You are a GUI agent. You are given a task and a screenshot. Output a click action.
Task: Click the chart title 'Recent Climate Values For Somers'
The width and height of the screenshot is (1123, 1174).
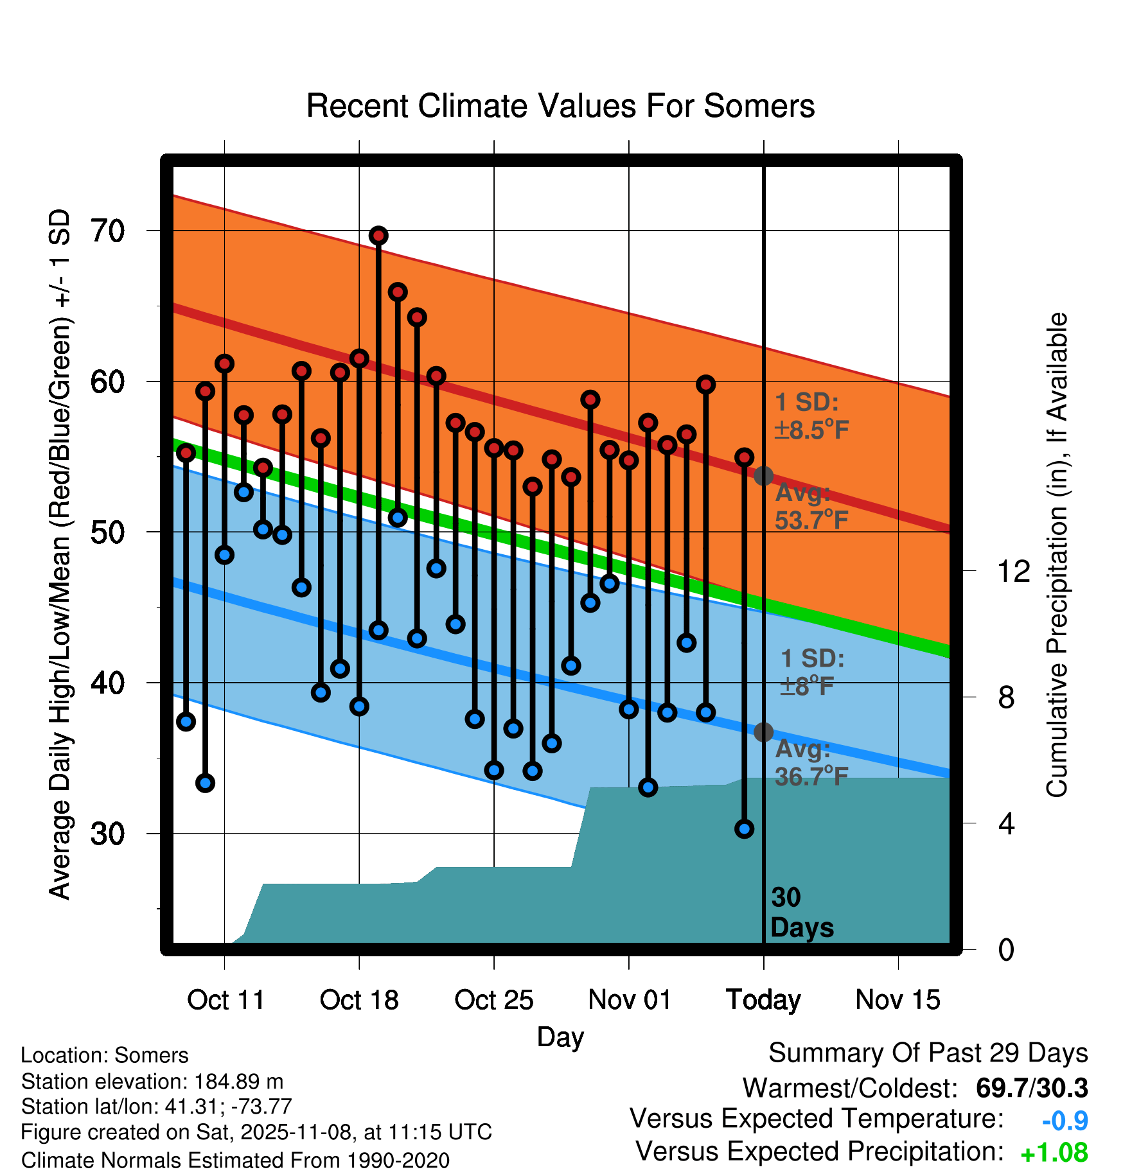(x=560, y=106)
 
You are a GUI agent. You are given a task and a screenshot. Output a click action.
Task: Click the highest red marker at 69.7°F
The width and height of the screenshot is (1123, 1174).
(x=378, y=236)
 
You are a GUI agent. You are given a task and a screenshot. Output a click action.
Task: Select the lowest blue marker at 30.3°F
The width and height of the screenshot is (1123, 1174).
(x=744, y=828)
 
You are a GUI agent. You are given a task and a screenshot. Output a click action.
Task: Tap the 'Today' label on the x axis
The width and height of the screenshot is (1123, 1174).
(x=763, y=1000)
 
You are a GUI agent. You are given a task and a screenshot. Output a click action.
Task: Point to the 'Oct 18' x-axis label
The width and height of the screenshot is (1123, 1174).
(x=359, y=1000)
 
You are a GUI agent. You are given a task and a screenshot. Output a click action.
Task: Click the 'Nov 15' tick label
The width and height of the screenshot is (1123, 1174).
(x=898, y=1000)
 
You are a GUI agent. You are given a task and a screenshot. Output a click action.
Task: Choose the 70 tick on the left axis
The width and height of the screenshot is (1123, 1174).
(x=107, y=231)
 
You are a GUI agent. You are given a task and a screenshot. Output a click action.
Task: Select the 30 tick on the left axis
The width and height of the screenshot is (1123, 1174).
(x=107, y=834)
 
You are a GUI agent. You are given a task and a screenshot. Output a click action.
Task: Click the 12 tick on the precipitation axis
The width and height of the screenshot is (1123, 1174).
(x=1013, y=571)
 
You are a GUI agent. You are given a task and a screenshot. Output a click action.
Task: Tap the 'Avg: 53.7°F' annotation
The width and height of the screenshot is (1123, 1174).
(x=811, y=507)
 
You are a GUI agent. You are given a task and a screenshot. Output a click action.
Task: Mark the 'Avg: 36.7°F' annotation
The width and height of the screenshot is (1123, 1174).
(x=811, y=763)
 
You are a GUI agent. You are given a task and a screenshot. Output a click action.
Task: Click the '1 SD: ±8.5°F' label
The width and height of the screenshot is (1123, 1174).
(x=811, y=416)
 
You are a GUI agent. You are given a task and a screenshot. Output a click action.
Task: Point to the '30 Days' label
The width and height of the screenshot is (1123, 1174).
(x=801, y=913)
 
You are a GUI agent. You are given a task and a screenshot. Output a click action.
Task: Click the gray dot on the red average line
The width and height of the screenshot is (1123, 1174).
(x=763, y=476)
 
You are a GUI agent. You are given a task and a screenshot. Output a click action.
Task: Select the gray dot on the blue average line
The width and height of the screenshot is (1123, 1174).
(x=763, y=732)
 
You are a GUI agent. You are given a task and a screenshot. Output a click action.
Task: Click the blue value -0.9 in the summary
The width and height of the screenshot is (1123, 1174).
(x=1065, y=1121)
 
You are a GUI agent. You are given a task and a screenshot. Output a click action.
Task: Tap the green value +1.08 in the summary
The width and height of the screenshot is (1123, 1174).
(x=1054, y=1153)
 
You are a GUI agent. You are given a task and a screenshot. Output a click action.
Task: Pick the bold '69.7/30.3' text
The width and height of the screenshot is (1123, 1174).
(x=1031, y=1088)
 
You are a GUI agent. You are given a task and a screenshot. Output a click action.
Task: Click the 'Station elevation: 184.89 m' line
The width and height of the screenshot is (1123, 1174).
(x=152, y=1082)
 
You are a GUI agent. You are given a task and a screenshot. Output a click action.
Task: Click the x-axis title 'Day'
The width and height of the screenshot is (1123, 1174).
(x=560, y=1037)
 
